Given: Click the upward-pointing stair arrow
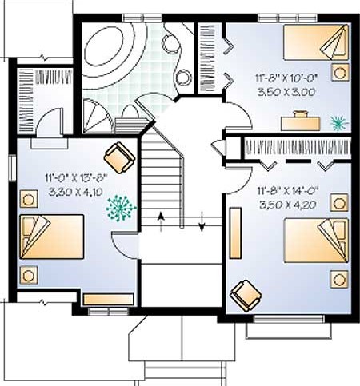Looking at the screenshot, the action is (x=161, y=221).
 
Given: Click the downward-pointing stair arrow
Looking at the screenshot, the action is (x=202, y=221).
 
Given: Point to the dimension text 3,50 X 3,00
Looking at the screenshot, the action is (x=286, y=93).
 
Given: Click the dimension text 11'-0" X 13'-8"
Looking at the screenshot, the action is (x=76, y=177).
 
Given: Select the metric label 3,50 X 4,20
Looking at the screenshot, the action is (x=288, y=205).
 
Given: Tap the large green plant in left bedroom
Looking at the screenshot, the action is (x=121, y=209).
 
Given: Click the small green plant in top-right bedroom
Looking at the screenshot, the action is (x=339, y=123).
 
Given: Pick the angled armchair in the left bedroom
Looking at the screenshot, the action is (x=119, y=157).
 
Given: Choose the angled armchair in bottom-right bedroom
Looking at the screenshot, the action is (x=246, y=295).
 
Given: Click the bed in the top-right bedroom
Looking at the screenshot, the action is (x=316, y=42).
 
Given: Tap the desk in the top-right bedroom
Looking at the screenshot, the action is (x=301, y=123).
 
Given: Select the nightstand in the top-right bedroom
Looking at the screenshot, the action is (x=340, y=72).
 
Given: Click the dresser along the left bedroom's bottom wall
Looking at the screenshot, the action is (x=108, y=300).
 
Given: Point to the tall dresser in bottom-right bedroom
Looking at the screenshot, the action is (x=235, y=233).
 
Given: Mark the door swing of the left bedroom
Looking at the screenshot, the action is (x=126, y=245).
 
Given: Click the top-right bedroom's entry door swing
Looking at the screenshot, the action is (x=238, y=116).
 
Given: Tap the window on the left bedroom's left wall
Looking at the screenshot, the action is (x=13, y=168).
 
